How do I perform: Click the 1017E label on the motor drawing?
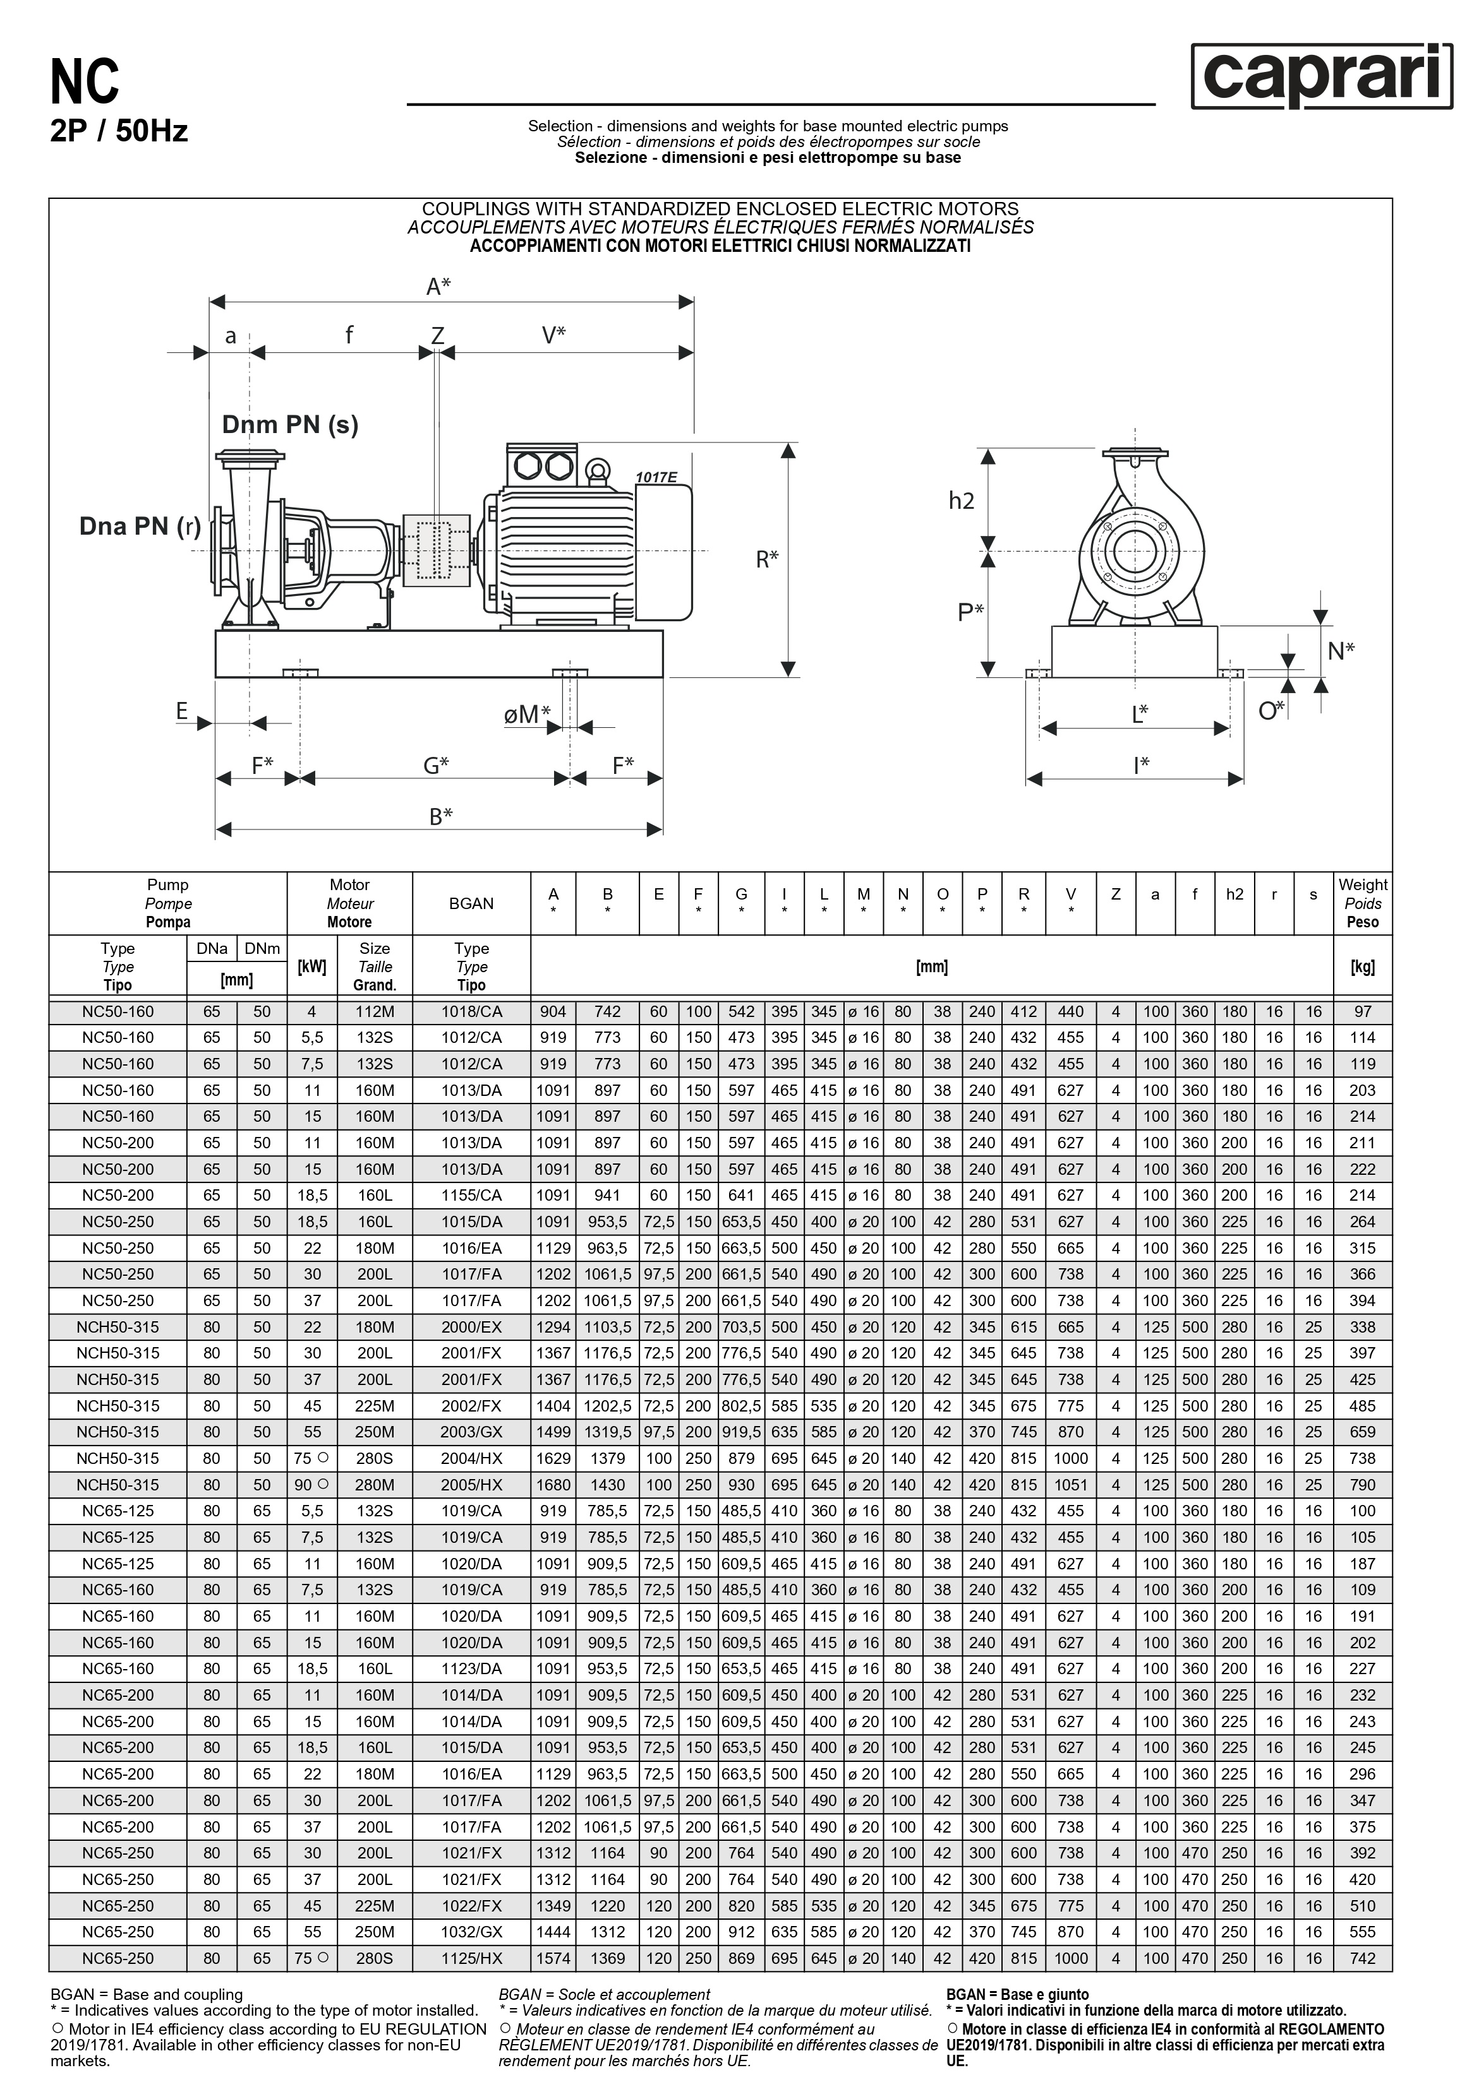(x=656, y=477)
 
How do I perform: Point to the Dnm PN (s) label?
(x=290, y=424)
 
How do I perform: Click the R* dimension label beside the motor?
(x=766, y=559)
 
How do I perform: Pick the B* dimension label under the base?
(x=441, y=816)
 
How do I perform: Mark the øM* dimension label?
(x=527, y=714)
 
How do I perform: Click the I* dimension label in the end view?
(x=1140, y=764)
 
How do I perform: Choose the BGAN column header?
(x=471, y=903)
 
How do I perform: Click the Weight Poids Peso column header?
(x=1362, y=903)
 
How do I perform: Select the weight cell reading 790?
(x=1362, y=1485)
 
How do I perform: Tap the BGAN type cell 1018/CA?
(x=471, y=1012)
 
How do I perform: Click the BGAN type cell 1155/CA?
(x=471, y=1196)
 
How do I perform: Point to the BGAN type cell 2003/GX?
(x=471, y=1432)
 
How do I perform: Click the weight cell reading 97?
(x=1362, y=1012)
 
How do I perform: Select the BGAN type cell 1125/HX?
(x=471, y=1959)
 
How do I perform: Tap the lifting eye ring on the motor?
(x=598, y=471)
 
